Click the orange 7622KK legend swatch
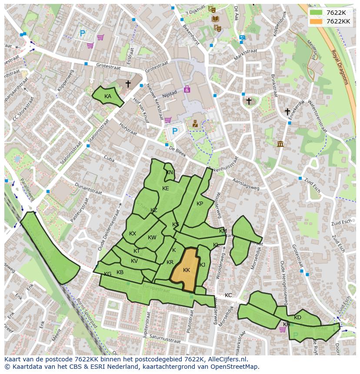(x=316, y=21)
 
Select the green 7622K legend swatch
(x=316, y=13)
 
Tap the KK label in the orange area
(x=187, y=270)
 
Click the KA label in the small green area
(x=108, y=96)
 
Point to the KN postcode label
(x=170, y=172)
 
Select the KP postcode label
(x=200, y=204)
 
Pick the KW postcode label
(x=152, y=238)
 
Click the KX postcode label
(x=133, y=234)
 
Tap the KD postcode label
(x=297, y=318)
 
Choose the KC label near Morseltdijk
(x=228, y=295)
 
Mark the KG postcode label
(x=107, y=274)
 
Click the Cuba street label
(x=109, y=159)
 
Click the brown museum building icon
(x=280, y=144)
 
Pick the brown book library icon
(x=215, y=19)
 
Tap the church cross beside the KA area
(x=128, y=83)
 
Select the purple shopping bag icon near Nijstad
(x=187, y=89)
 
